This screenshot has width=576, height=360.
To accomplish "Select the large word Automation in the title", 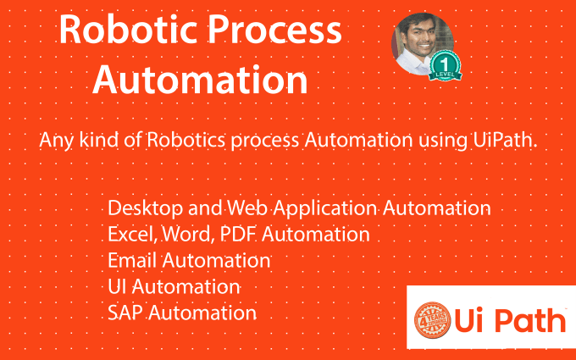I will (200, 81).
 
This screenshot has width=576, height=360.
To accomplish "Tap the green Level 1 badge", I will (446, 65).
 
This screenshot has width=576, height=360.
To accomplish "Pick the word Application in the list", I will (306, 208).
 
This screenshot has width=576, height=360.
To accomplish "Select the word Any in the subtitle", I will (54, 141).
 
